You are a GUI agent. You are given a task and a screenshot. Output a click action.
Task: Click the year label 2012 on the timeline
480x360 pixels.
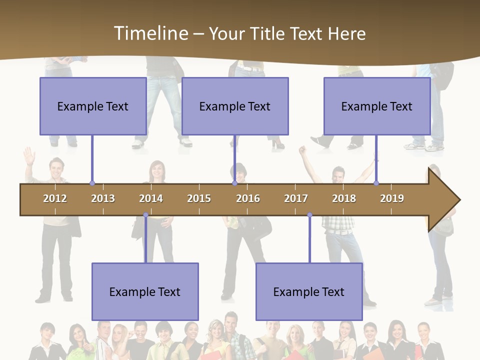55,198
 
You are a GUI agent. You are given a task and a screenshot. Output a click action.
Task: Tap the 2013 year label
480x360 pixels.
103,198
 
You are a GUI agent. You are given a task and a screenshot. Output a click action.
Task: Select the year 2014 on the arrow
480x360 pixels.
151,198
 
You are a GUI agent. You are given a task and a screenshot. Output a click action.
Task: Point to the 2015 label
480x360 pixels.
199,198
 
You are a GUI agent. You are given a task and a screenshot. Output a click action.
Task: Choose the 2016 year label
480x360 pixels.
248,198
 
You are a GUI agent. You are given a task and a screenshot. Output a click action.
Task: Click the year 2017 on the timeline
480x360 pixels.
296,198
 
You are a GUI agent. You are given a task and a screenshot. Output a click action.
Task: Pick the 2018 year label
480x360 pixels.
344,198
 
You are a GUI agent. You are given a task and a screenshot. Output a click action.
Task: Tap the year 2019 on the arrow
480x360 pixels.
392,198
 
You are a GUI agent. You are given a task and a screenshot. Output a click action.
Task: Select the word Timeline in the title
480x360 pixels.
150,33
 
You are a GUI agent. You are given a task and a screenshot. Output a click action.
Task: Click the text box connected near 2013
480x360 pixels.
93,106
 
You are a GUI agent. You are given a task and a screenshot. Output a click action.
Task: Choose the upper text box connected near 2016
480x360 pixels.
235,106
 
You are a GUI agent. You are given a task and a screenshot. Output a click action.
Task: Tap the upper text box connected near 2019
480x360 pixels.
377,106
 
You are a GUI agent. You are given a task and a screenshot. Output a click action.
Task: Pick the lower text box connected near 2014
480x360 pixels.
145,291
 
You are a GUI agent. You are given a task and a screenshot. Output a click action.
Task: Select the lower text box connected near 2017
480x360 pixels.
309,291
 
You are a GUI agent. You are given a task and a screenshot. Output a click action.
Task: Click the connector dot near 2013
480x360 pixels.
92,183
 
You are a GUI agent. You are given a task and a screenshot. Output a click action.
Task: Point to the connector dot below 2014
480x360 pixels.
145,215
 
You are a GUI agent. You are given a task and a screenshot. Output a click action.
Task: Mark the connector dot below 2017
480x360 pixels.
309,215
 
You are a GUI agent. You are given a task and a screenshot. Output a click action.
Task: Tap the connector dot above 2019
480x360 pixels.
376,183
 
